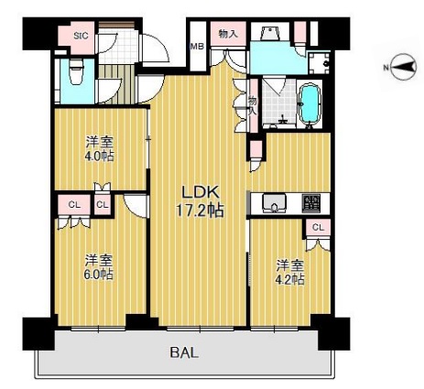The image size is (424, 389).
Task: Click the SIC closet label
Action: click(x=81, y=36)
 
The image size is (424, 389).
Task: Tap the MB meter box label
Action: click(x=197, y=47)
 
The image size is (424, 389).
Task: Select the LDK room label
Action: click(x=201, y=192)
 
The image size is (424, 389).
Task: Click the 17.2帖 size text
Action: click(x=201, y=211)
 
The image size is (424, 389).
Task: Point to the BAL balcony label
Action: click(x=184, y=352)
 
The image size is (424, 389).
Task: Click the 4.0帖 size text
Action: click(x=100, y=156)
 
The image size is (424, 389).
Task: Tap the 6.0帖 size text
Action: click(x=99, y=274)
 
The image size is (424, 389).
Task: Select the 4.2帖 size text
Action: click(x=290, y=279)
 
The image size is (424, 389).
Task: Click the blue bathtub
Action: click(x=310, y=103)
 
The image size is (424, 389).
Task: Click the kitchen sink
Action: click(x=275, y=203)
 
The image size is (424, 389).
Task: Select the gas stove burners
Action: click(x=311, y=203)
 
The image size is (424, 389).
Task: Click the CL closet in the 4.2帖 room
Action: click(x=318, y=228)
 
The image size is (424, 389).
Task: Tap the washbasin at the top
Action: click(x=270, y=33)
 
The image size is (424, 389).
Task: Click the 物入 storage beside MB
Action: click(x=228, y=34)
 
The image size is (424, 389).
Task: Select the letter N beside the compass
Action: click(x=386, y=68)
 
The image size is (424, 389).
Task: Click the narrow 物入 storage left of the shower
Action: click(x=254, y=105)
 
